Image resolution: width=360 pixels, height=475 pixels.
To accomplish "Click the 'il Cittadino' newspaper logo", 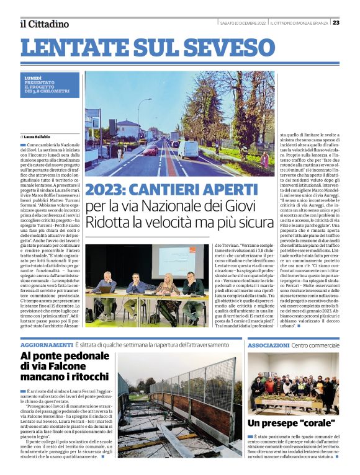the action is pyautogui.click(x=43, y=24).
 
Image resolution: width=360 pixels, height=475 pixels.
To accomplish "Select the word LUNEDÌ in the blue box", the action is pyautogui.click(x=34, y=78).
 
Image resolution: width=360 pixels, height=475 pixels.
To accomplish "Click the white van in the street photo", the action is pyautogui.click(x=186, y=149).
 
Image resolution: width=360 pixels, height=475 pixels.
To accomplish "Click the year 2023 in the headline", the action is pyautogui.click(x=107, y=189).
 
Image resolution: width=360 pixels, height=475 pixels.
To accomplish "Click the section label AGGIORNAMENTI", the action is pyautogui.click(x=47, y=344).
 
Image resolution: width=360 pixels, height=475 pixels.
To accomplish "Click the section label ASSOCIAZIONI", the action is pyautogui.click(x=268, y=344).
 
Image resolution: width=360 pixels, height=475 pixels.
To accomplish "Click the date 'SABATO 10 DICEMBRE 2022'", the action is pyautogui.click(x=243, y=23).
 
